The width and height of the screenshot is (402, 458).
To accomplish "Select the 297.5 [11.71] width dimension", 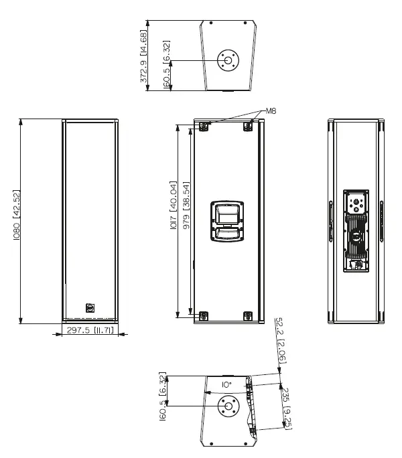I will tap(91, 331).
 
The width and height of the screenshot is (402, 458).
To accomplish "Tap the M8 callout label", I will tap(271, 110).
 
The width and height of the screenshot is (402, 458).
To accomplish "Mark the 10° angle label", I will tap(227, 385).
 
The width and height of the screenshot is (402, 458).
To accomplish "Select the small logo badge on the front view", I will tap(91, 308).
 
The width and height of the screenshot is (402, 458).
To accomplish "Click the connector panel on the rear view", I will tap(356, 231).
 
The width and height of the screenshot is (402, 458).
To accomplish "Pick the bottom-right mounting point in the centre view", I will tap(248, 315).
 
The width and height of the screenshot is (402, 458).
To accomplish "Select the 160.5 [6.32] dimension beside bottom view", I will tap(162, 398).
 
